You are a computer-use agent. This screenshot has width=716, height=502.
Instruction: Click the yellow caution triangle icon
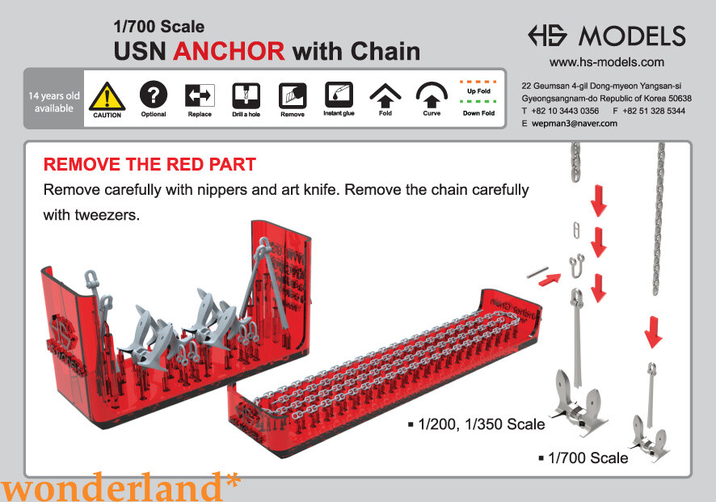(107, 95)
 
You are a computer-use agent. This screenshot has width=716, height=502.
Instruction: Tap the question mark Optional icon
(153, 95)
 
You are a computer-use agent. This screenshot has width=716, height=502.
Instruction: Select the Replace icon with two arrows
(200, 95)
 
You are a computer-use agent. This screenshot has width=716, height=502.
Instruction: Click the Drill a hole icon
(246, 95)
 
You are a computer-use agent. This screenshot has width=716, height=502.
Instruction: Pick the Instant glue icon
(339, 95)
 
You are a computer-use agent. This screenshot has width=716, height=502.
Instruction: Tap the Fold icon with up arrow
(385, 95)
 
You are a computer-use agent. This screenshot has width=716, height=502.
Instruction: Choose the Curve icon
(432, 95)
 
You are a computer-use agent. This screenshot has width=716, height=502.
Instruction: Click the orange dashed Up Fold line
(478, 82)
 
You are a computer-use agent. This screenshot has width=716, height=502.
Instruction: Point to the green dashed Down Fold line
(478, 103)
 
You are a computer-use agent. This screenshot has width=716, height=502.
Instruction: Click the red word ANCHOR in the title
(229, 52)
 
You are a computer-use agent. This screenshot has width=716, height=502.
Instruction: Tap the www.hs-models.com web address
(606, 62)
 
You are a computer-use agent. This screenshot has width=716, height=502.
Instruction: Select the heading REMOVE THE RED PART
(150, 165)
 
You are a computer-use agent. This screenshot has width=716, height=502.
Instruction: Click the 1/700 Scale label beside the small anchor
(587, 458)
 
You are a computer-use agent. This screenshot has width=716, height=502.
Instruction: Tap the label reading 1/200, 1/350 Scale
(481, 424)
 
